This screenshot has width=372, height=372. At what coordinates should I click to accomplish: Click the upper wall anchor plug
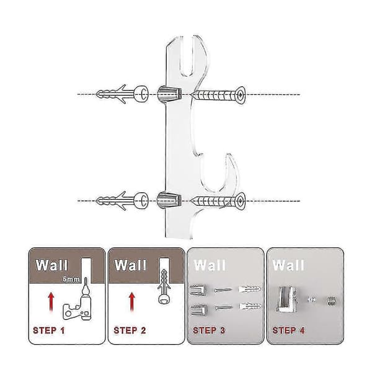122,94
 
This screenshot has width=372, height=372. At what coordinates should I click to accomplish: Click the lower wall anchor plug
122,201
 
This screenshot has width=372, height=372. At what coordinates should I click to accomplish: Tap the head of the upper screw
240,95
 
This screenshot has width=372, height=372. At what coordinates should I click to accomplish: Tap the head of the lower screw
240,201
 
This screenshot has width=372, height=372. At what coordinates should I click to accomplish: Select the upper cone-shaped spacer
169,94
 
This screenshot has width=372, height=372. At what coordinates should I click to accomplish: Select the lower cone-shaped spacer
169,200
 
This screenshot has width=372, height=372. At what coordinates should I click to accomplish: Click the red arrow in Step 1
51,302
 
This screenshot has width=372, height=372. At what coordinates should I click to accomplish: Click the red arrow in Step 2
132,302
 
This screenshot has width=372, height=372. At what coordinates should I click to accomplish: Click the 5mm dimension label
71,279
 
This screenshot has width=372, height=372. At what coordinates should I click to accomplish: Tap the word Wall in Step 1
51,265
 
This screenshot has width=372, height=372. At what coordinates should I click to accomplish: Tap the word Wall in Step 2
130,265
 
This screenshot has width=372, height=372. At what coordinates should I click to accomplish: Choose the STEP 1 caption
49,330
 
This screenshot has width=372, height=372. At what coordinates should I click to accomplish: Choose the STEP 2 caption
130,330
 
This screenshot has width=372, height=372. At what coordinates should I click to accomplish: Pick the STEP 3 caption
209,330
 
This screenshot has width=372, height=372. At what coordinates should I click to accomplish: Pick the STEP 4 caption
288,330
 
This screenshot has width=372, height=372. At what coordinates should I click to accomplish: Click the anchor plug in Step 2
164,286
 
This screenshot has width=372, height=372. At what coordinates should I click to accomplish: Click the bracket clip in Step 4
286,299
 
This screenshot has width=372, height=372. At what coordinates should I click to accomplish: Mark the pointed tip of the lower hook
228,154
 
